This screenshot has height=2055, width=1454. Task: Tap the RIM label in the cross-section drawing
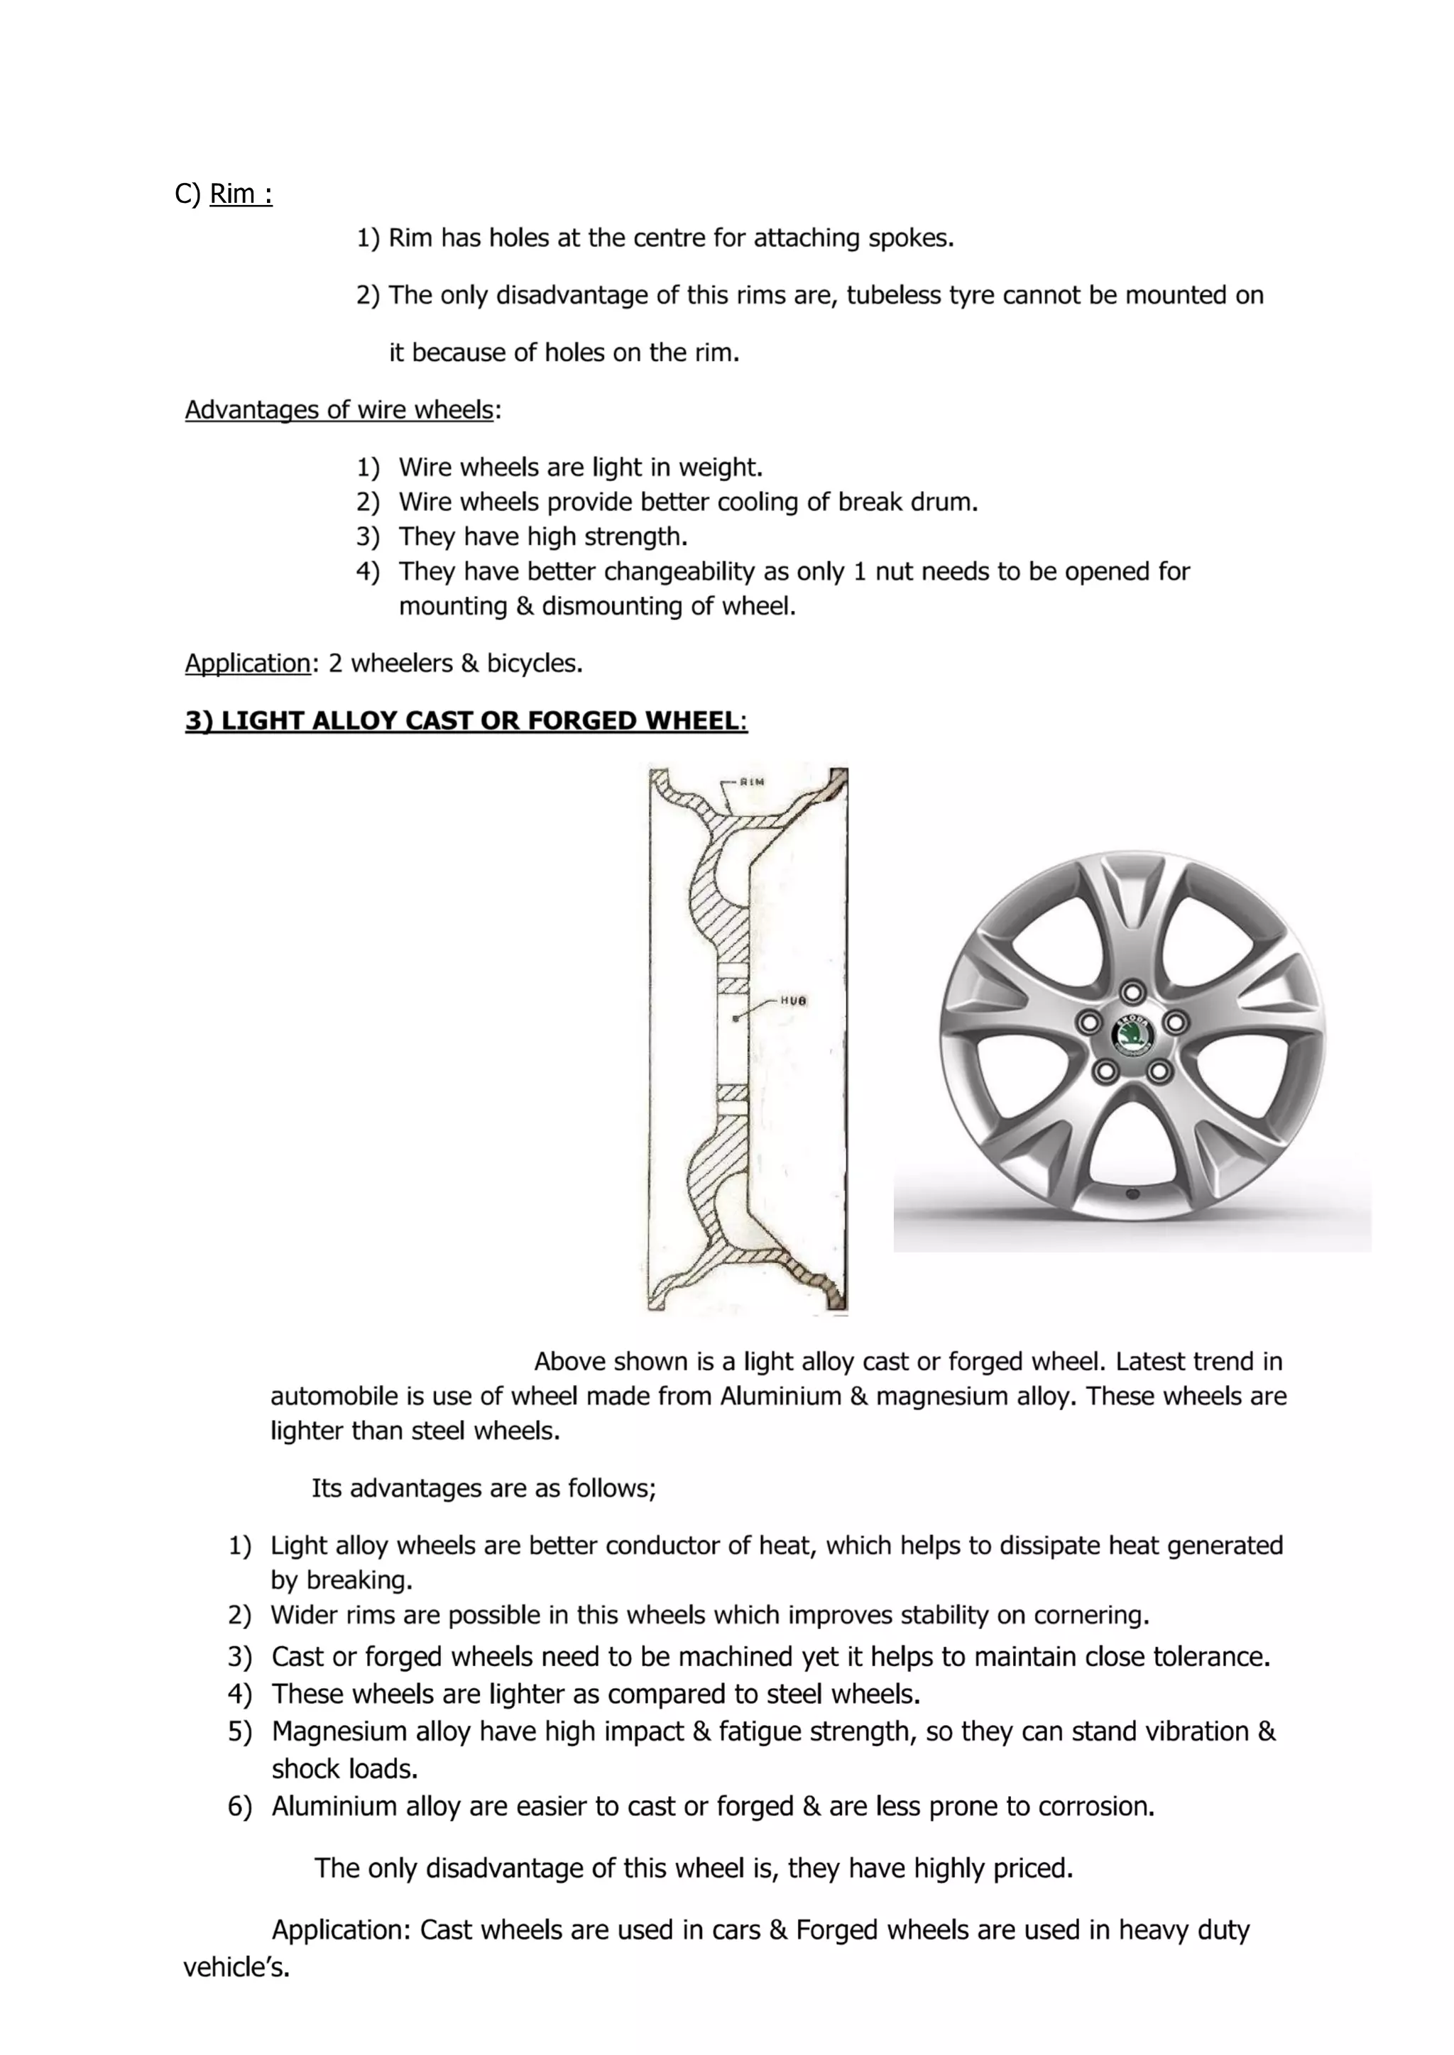[x=751, y=781]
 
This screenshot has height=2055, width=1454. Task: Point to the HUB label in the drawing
[x=793, y=1001]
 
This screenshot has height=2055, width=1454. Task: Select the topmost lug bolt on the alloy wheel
[x=1132, y=992]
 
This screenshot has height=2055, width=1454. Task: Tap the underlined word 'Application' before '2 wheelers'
[x=247, y=663]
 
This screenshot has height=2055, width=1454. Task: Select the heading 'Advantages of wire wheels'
[x=339, y=410]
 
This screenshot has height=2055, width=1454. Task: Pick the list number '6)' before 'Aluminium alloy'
[x=240, y=1806]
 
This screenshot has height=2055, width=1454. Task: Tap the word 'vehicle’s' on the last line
[x=236, y=1967]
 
